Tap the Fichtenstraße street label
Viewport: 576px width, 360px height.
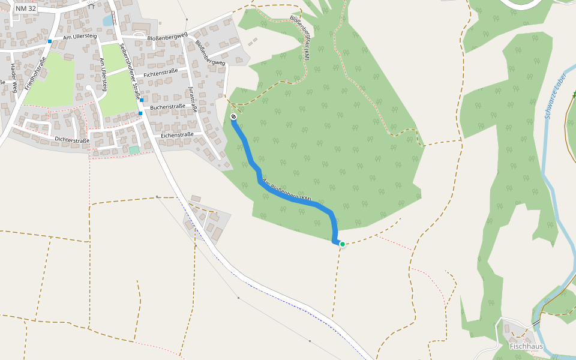(x=161, y=73)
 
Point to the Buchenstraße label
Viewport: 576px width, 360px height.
(x=167, y=107)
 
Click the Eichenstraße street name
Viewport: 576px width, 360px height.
(x=177, y=135)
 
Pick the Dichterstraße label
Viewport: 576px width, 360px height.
(x=72, y=140)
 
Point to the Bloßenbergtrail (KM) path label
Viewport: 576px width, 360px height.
(x=300, y=37)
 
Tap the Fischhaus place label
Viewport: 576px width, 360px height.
(x=526, y=346)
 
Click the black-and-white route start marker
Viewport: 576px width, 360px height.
(x=233, y=116)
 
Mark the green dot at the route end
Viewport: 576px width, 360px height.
(x=343, y=244)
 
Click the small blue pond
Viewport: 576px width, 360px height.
(x=109, y=21)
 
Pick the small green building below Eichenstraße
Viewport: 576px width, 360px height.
(x=134, y=149)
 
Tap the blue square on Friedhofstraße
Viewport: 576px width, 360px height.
(x=50, y=41)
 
